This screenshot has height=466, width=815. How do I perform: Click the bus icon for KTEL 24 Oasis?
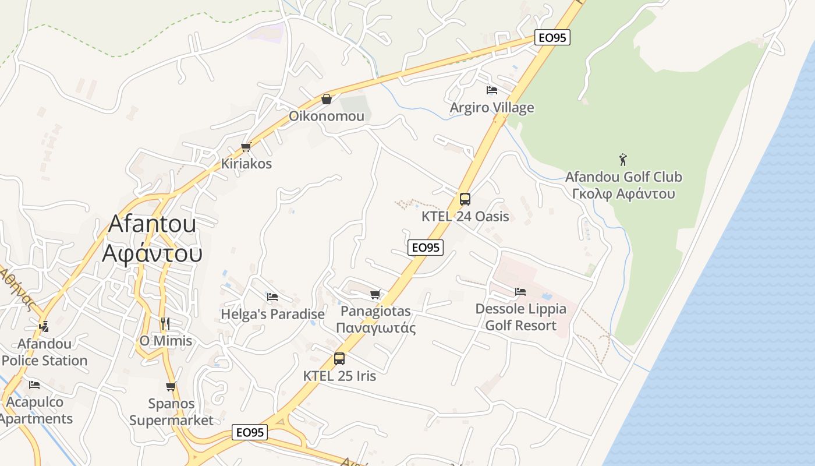pyautogui.click(x=465, y=199)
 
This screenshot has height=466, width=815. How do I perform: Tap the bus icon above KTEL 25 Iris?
pyautogui.click(x=339, y=359)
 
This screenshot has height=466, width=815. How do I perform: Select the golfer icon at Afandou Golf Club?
pyautogui.click(x=623, y=159)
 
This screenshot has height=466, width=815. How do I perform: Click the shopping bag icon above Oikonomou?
pyautogui.click(x=327, y=99)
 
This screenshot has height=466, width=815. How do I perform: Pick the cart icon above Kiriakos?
pyautogui.click(x=246, y=147)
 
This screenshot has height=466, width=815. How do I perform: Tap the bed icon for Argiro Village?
pyautogui.click(x=492, y=90)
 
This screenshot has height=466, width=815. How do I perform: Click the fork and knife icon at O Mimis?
pyautogui.click(x=165, y=323)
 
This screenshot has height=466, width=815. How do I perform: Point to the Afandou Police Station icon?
pyautogui.click(x=44, y=327)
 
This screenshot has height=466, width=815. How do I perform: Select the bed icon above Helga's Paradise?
pyautogui.click(x=272, y=297)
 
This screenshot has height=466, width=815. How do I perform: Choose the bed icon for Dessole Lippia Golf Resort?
pyautogui.click(x=520, y=291)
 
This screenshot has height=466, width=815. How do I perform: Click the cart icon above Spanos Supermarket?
pyautogui.click(x=171, y=386)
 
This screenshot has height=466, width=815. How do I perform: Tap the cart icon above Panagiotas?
pyautogui.click(x=375, y=294)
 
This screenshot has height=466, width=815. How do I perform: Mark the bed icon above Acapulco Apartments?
pyautogui.click(x=34, y=384)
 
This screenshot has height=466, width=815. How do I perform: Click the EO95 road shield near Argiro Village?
pyautogui.click(x=552, y=38)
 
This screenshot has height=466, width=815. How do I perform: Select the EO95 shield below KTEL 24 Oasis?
pyautogui.click(x=426, y=248)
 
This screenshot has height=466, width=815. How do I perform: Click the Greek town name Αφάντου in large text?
pyautogui.click(x=153, y=253)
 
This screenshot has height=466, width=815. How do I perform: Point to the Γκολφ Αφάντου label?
pyautogui.click(x=623, y=194)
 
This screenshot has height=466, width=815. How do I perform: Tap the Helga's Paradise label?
pyautogui.click(x=272, y=315)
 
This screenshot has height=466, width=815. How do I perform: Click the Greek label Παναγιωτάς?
pyautogui.click(x=376, y=328)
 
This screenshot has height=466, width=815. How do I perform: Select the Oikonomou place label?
pyautogui.click(x=327, y=116)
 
